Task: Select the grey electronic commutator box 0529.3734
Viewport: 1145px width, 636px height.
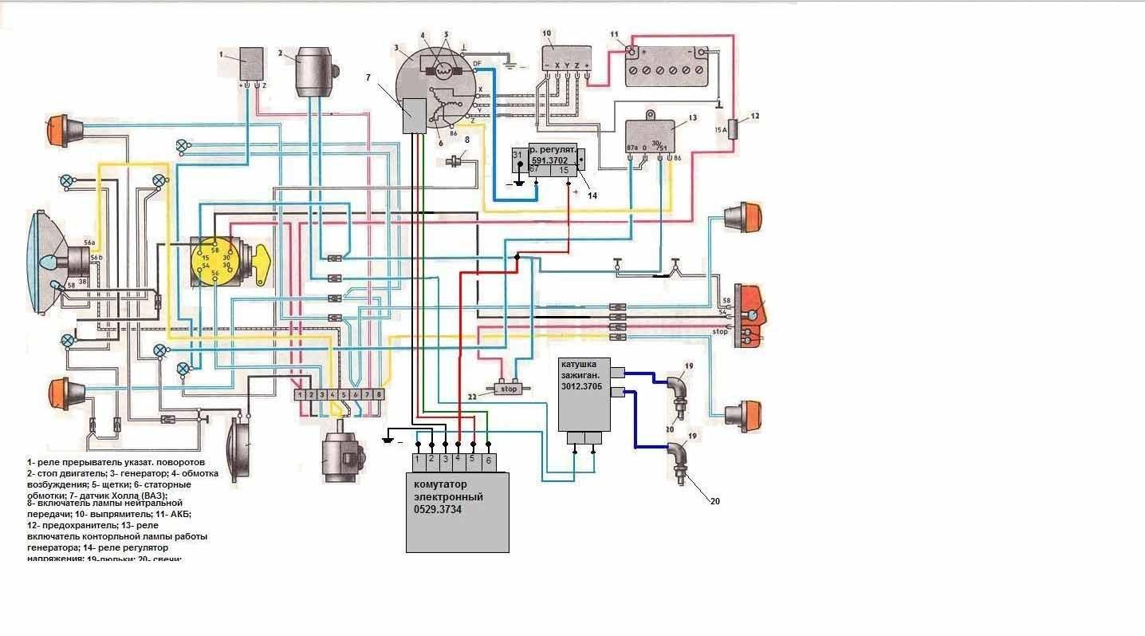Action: (457, 511)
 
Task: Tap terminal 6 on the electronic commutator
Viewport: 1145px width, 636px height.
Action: (489, 460)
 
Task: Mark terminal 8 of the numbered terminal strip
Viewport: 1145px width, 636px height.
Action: (379, 394)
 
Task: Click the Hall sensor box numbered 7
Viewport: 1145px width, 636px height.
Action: (414, 117)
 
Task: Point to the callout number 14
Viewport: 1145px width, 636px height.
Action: (592, 195)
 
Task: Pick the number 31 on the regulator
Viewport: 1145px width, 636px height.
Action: (517, 155)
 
